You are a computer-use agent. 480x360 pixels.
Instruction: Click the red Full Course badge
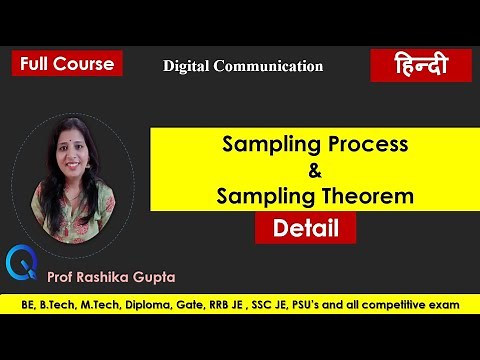[x=67, y=63]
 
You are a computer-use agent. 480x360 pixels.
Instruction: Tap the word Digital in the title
[x=190, y=66]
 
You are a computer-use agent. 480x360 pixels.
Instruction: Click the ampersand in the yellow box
[x=315, y=170]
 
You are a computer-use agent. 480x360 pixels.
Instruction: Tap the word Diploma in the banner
[x=162, y=303]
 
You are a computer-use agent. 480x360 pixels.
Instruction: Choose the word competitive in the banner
[x=418, y=303]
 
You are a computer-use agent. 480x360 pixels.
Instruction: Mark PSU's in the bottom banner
[x=345, y=303]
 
